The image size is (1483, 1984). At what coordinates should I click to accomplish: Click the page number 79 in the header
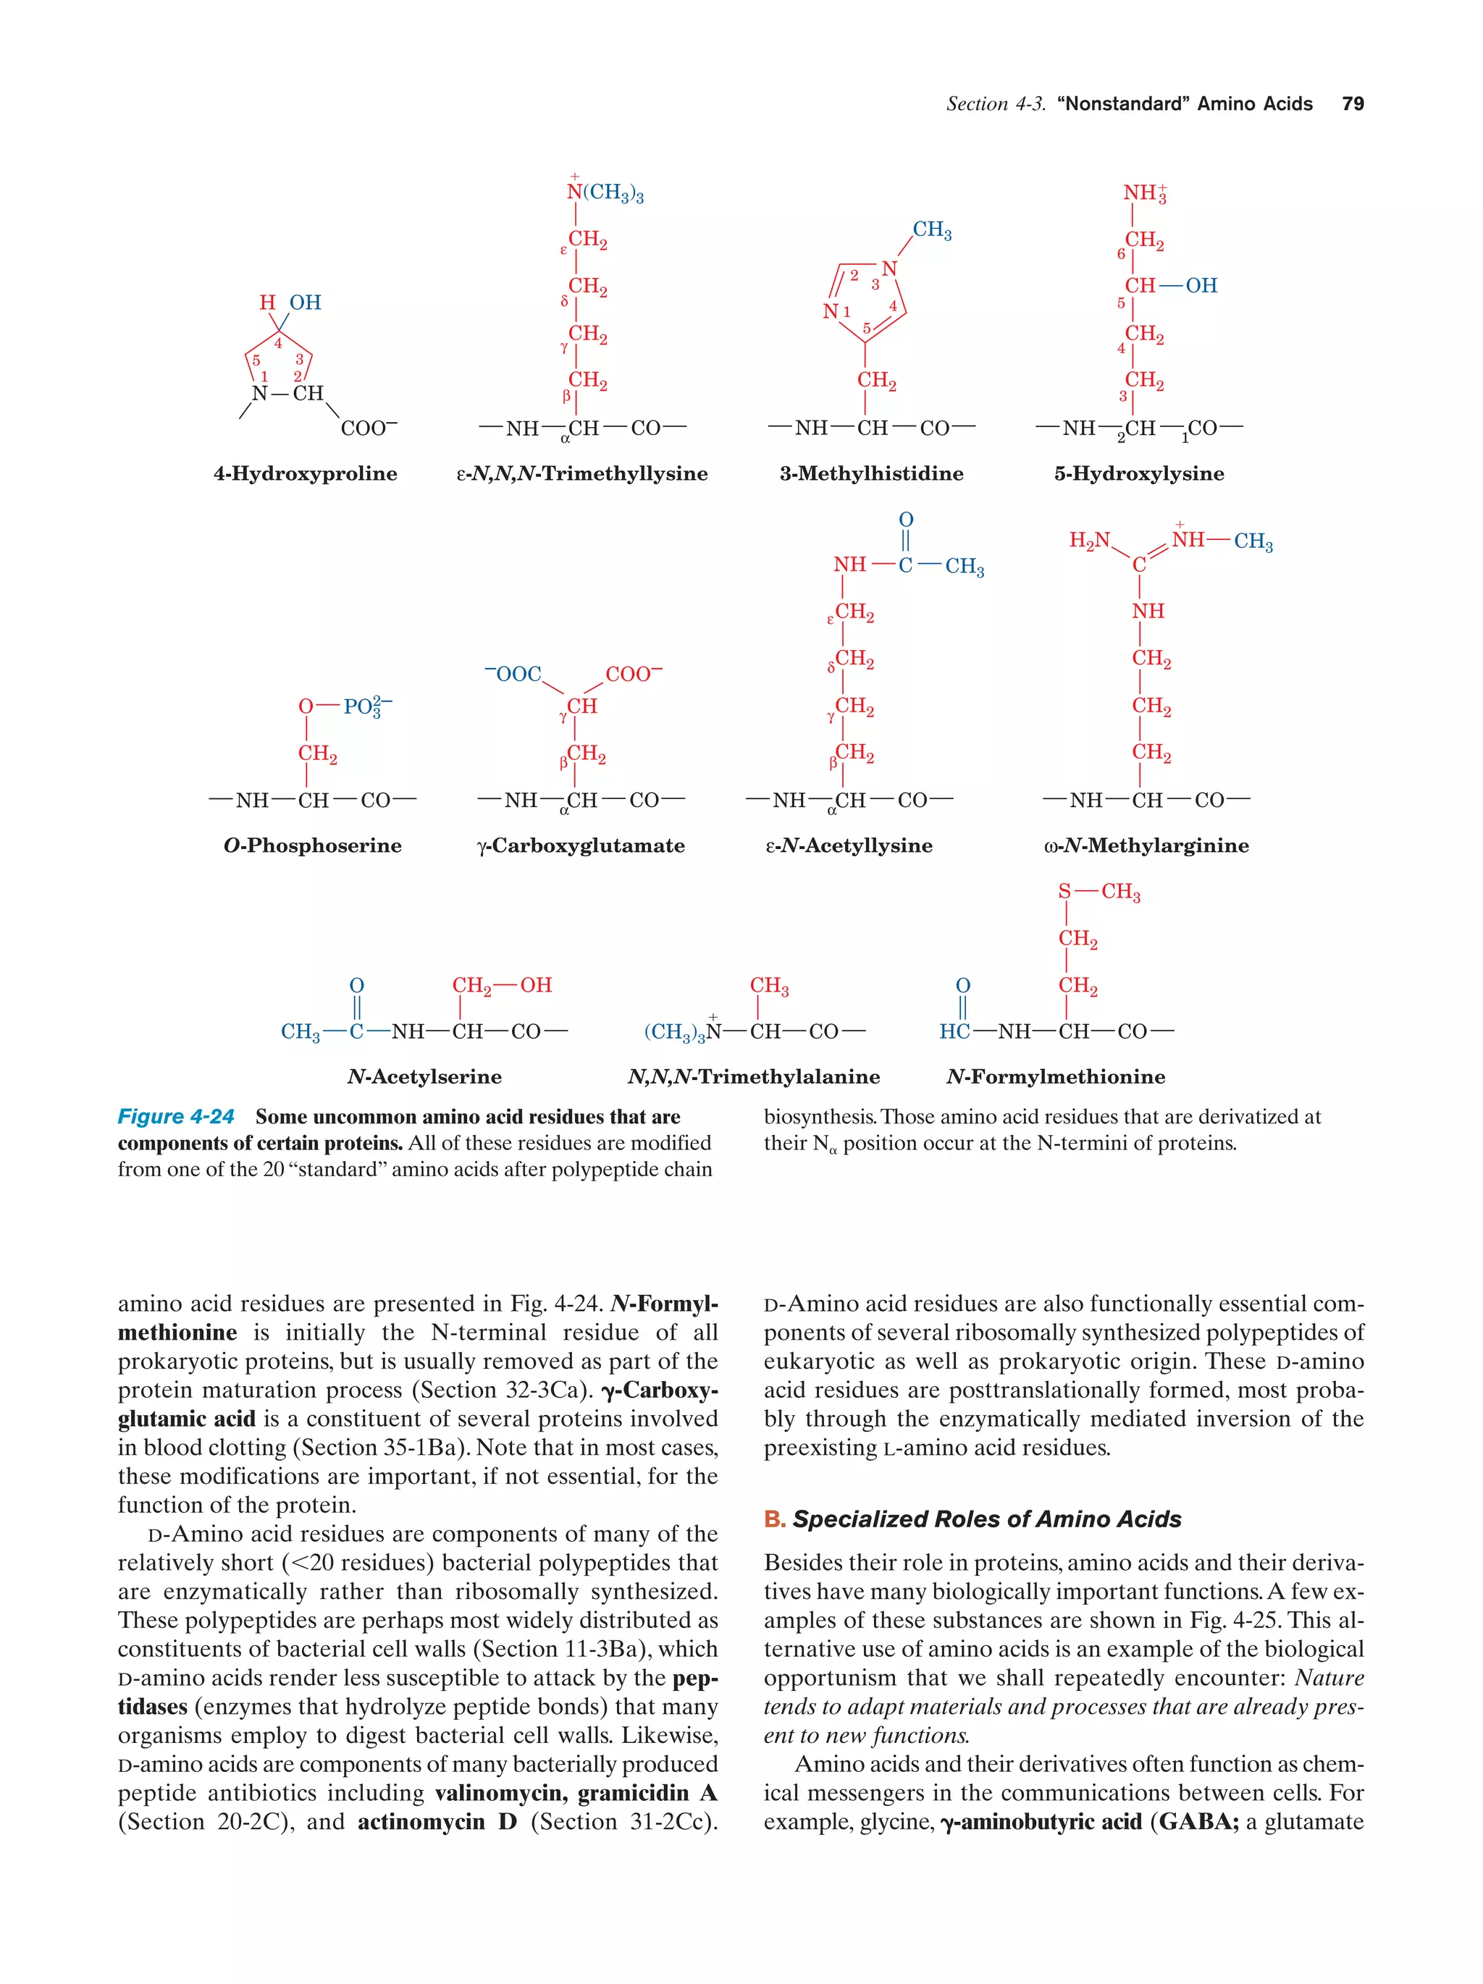1352,104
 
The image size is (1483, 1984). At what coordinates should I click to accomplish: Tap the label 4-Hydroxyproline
305,473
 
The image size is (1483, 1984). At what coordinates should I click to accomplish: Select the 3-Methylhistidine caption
871,473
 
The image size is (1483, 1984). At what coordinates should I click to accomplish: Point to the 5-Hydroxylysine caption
1138,473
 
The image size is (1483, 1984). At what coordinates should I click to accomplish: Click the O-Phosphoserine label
312,846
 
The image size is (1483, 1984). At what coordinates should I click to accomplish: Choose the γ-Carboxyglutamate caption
581,846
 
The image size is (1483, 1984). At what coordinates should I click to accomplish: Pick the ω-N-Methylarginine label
1146,846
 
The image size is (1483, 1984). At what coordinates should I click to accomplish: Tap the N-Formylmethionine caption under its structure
1055,1077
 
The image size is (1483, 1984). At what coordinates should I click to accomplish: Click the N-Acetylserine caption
424,1077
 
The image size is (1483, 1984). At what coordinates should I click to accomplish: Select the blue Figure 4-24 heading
176,1117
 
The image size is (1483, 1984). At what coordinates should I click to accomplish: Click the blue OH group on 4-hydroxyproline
305,303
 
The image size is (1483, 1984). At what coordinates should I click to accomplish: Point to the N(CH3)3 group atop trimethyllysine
605,193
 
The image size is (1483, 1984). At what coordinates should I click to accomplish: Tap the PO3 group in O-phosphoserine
366,706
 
